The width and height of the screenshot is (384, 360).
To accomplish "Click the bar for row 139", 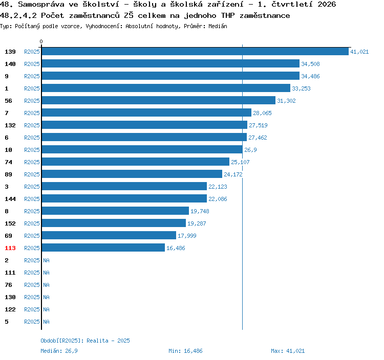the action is click(195, 51).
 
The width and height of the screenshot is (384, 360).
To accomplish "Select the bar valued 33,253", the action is click(166, 88).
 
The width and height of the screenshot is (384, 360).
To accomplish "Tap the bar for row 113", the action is click(103, 247).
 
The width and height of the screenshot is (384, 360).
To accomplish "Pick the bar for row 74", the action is click(136, 162).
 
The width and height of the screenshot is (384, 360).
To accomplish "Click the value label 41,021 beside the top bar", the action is click(359, 52).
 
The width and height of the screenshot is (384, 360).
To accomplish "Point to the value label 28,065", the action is click(262, 113).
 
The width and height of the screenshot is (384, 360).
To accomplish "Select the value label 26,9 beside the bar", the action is click(250, 150).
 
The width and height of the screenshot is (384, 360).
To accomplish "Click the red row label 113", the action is click(10, 248).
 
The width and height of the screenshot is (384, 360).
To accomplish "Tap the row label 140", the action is click(10, 64).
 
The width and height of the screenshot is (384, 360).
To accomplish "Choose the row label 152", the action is click(10, 223).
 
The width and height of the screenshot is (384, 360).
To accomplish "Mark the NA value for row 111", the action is click(46, 273).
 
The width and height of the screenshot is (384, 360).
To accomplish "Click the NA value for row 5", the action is click(46, 322).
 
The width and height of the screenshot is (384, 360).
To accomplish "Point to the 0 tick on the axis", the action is click(41, 41).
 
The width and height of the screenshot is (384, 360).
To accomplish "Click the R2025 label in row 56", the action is click(32, 101).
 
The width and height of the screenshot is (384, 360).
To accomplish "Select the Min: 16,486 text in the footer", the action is click(185, 351).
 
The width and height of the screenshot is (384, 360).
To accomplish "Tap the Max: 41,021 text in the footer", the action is click(288, 351).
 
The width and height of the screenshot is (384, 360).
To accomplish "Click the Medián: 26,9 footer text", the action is click(59, 351).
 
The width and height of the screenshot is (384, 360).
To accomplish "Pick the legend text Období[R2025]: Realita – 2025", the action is click(85, 341).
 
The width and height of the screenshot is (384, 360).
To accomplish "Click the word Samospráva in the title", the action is click(41, 5).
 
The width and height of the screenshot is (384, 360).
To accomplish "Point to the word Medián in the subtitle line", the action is click(218, 26).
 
